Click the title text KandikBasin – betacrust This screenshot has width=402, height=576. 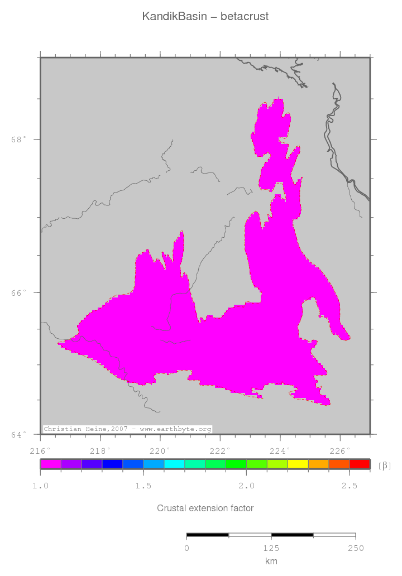point(205,17)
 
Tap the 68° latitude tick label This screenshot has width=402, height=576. point(18,140)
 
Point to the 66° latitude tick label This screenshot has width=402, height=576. point(18,292)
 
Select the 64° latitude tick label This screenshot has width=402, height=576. point(18,434)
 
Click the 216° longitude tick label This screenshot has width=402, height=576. point(40,450)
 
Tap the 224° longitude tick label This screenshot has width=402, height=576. point(280,450)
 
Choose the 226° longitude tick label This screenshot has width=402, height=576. point(340,450)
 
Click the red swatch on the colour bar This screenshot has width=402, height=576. point(360,464)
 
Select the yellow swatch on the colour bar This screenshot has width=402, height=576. point(298,464)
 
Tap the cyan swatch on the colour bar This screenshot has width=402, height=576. point(174,464)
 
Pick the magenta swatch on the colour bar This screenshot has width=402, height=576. point(51,464)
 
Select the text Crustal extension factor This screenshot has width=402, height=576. point(205,508)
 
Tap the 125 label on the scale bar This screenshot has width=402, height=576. point(271,548)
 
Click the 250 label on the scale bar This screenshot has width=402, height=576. point(356,548)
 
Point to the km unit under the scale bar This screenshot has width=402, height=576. point(271,561)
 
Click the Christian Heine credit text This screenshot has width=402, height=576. point(127,429)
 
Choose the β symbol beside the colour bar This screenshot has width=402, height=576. point(385,465)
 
